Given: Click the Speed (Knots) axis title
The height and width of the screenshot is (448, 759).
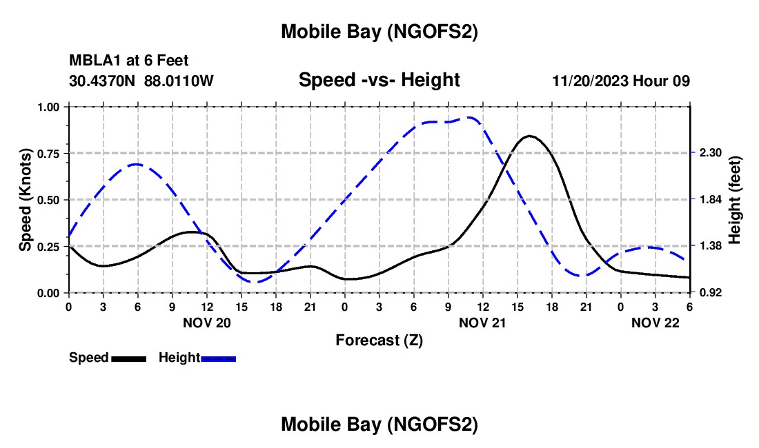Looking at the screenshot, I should (25, 200).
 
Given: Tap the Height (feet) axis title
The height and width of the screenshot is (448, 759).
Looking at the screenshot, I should (734, 200).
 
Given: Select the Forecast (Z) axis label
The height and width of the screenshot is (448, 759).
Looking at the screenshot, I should (379, 340).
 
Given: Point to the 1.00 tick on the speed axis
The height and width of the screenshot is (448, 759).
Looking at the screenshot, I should (50, 107).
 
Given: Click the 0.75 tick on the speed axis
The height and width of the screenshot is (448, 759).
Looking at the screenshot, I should (50, 153).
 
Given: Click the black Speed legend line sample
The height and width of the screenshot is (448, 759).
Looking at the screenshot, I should (128, 358).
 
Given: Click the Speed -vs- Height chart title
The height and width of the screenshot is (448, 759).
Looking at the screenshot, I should (379, 81).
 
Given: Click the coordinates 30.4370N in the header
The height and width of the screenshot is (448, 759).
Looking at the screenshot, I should (103, 81).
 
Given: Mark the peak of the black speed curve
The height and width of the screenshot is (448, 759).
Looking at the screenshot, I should (529, 136).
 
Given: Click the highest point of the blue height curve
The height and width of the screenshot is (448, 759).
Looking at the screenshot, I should (470, 117).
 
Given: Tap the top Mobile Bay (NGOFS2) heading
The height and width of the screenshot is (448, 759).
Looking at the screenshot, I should (379, 32).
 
